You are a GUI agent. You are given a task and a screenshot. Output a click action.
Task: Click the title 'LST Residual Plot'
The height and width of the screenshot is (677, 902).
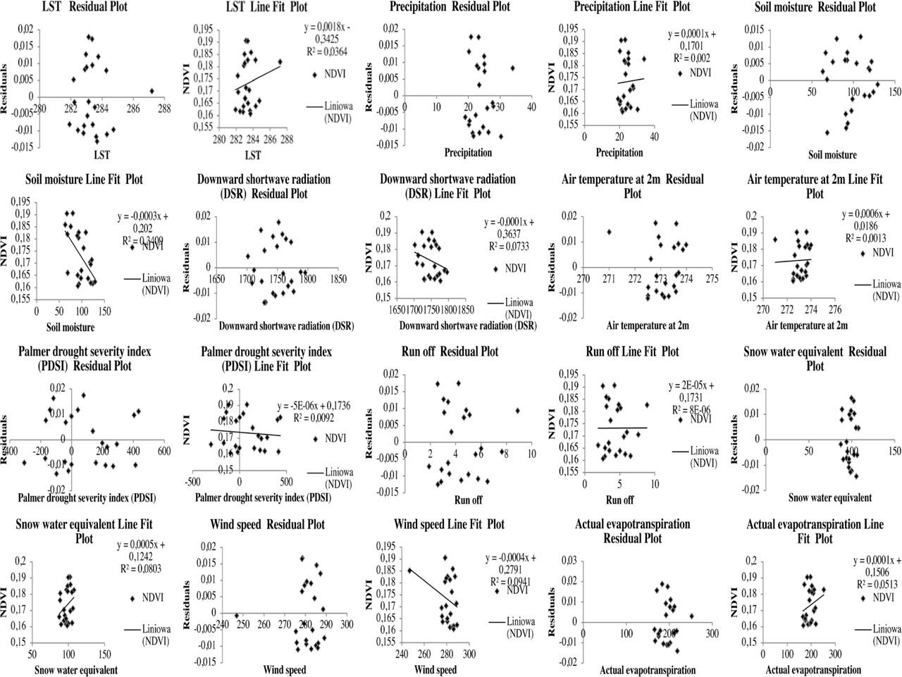click(89, 8)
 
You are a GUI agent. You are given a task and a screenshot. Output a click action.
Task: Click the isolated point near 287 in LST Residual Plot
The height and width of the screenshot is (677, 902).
click(152, 91)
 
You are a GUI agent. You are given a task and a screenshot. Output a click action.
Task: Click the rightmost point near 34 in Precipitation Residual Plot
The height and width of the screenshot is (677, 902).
click(512, 68)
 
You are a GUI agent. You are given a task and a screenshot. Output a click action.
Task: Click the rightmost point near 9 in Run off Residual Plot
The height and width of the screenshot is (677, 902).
click(518, 410)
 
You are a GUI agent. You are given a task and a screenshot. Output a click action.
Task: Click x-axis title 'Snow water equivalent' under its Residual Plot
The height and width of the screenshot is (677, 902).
click(829, 497)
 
